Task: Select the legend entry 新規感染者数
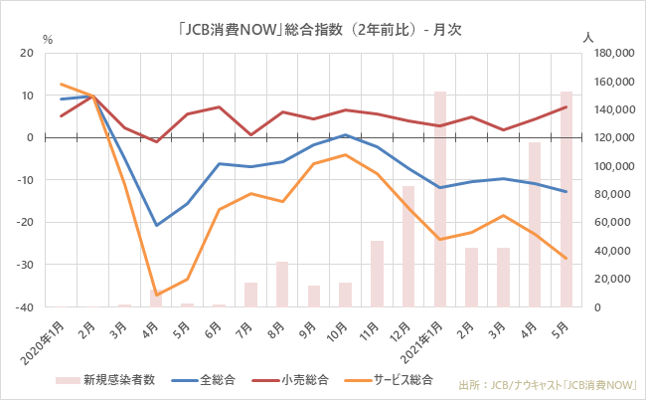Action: coord(109,380)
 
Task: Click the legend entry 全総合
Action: coord(215,380)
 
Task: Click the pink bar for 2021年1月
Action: coord(439,199)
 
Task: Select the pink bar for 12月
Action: coord(408,246)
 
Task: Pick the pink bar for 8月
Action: coord(282,285)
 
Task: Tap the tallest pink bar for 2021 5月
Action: coord(565,199)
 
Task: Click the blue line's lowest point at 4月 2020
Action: coord(156,225)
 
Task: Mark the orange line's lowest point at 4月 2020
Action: coord(156,295)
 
